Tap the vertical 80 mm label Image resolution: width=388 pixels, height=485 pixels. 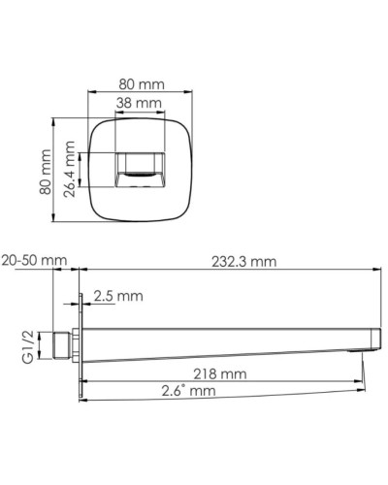click(45, 172)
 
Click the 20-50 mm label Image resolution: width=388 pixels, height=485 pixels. click(34, 260)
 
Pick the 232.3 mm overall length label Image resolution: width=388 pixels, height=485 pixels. click(243, 260)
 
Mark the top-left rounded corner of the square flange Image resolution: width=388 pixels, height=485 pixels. click(96, 124)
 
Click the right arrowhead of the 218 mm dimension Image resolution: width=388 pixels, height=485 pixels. click(362, 380)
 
